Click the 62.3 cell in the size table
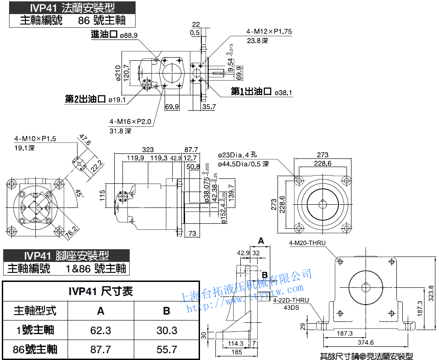pyautogui.click(x=101, y=330)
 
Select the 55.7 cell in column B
pyautogui.click(x=167, y=349)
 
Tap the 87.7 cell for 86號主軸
pyautogui.click(x=101, y=349)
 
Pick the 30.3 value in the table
pyautogui.click(x=167, y=330)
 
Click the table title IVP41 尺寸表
pyautogui.click(x=101, y=291)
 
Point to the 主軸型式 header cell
pyautogui.click(x=35, y=311)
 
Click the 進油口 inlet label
pyautogui.click(x=104, y=35)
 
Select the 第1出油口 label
pyautogui.click(x=251, y=92)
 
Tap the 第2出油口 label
pyautogui.click(x=86, y=99)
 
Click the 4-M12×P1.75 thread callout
pyautogui.click(x=269, y=32)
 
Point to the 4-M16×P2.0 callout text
pyautogui.click(x=130, y=122)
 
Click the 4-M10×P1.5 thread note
pyautogui.click(x=35, y=139)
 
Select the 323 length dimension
pyautogui.click(x=148, y=149)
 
